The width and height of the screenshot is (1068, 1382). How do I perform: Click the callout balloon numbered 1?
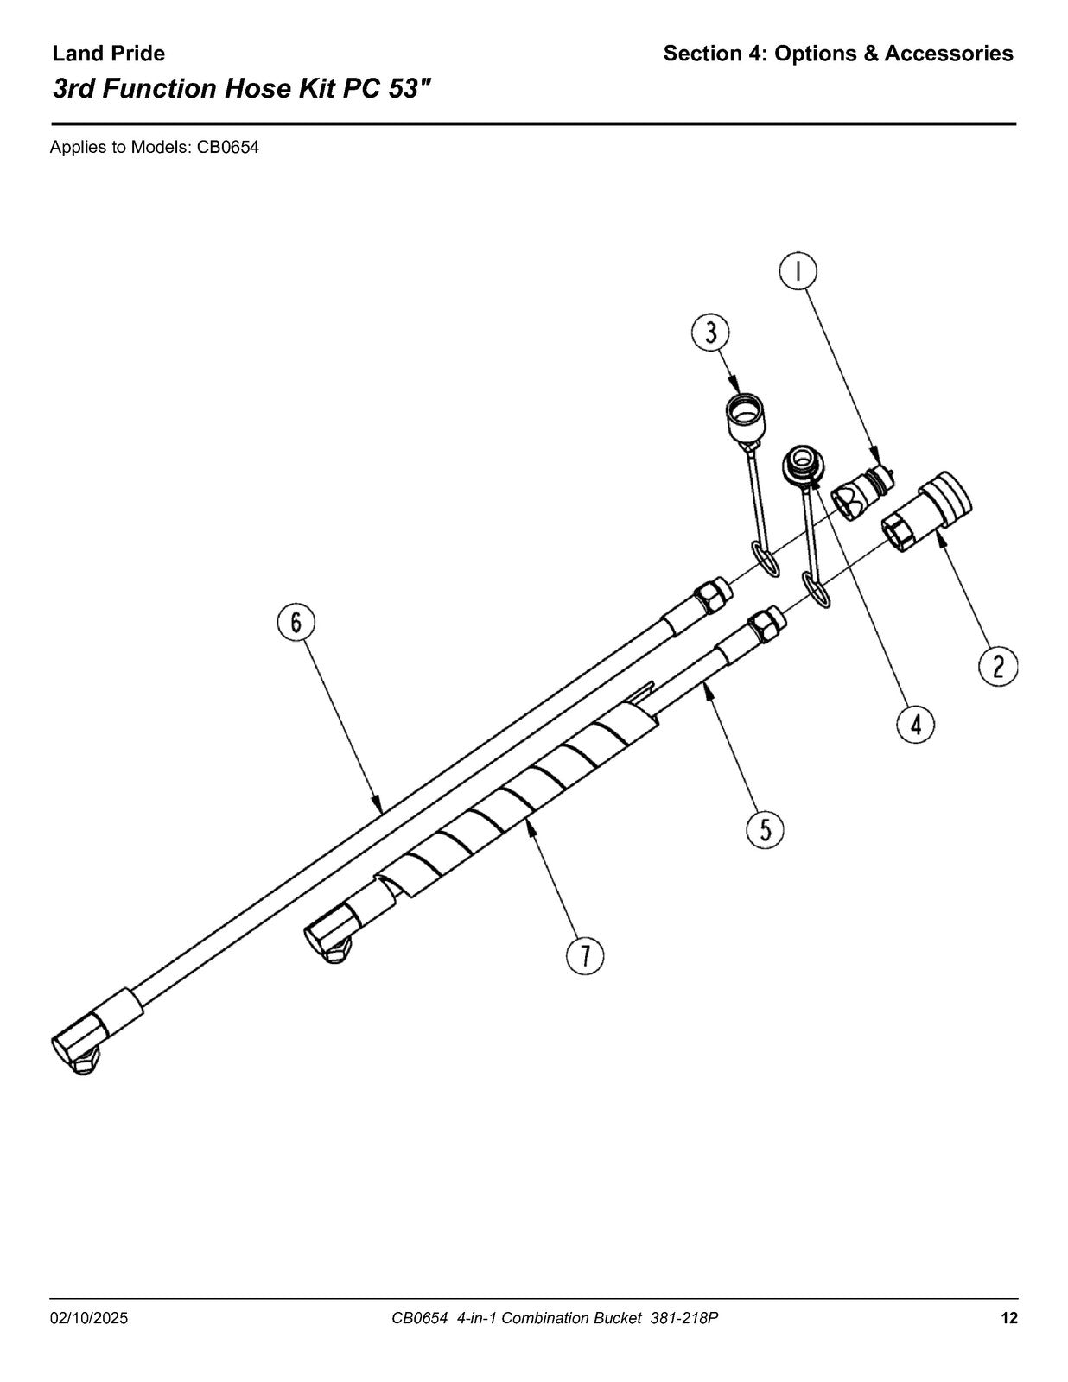[x=798, y=271]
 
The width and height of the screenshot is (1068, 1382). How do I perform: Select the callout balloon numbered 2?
[x=997, y=667]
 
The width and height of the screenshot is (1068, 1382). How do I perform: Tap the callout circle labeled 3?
[x=711, y=333]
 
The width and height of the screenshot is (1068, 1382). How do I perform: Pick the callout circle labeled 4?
[x=916, y=725]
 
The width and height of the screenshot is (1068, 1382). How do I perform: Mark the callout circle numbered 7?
[x=585, y=955]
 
